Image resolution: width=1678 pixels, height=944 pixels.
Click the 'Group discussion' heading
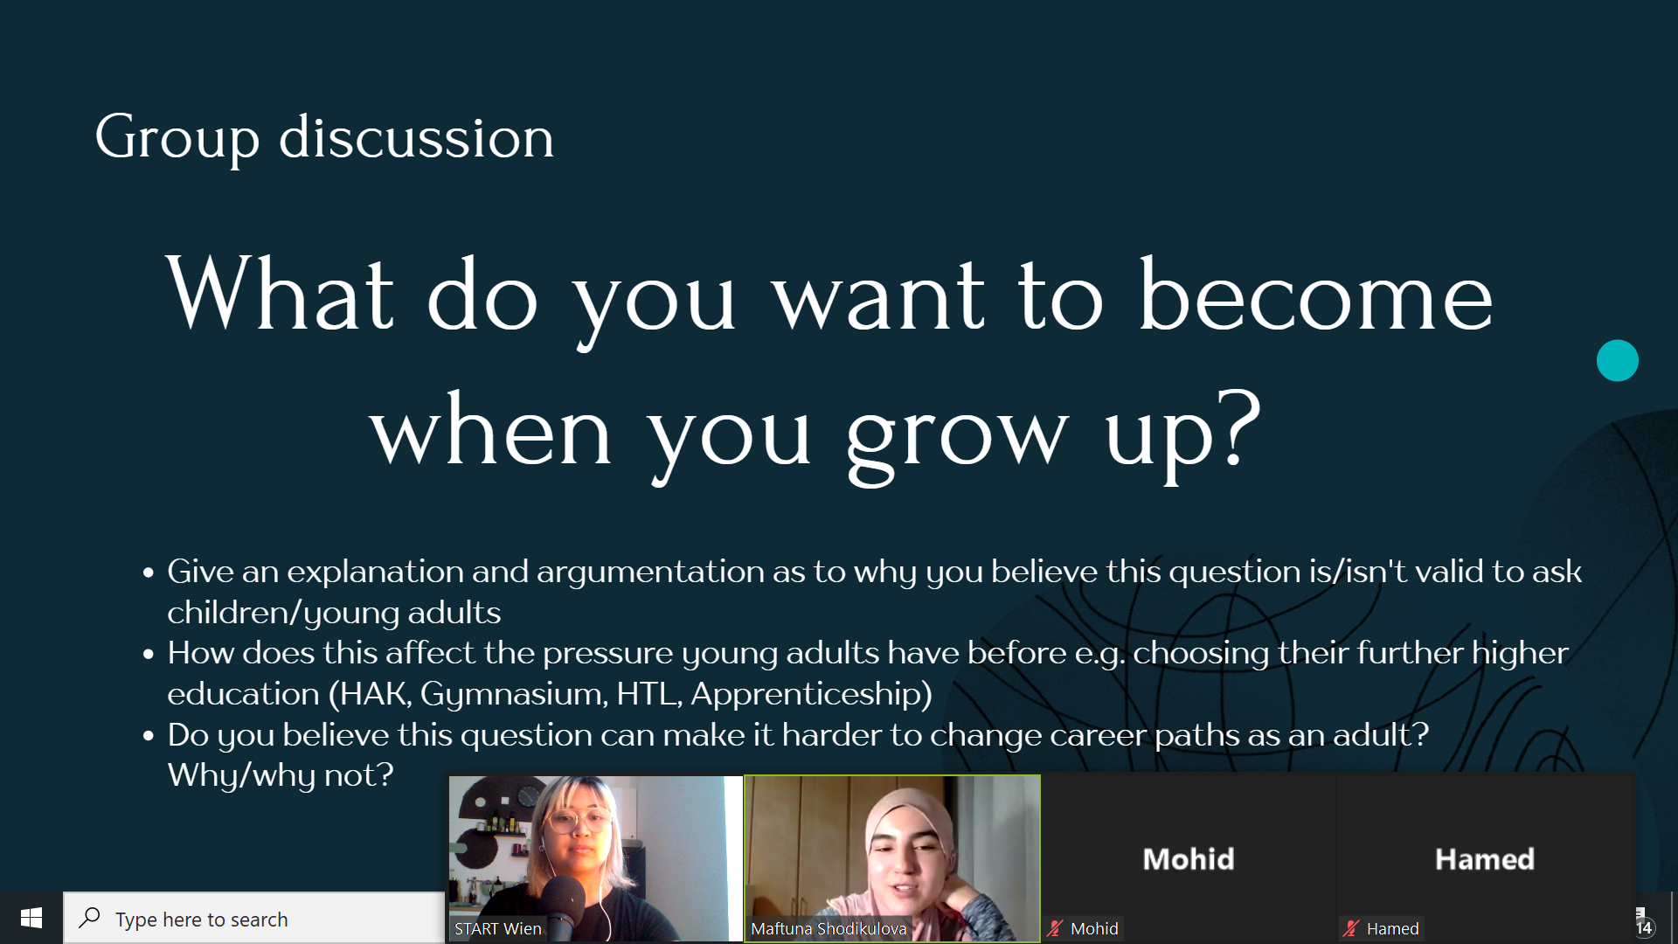[x=324, y=138]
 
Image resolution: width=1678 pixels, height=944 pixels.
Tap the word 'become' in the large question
[x=1315, y=296]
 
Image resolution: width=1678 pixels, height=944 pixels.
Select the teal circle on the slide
[x=1617, y=360]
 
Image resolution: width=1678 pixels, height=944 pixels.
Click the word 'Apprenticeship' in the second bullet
[x=811, y=694]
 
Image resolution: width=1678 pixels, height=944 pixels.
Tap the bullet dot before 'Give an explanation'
[x=149, y=573]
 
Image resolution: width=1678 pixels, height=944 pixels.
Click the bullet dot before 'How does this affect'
[x=149, y=654]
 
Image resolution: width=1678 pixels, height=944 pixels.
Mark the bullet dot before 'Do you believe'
[x=149, y=736]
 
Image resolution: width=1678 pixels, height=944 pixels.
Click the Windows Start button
[x=31, y=918]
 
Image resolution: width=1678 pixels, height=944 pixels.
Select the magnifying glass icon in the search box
[x=89, y=918]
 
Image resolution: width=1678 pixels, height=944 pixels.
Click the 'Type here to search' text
[x=202, y=920]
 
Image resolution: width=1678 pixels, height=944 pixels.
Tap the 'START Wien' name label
[x=498, y=928]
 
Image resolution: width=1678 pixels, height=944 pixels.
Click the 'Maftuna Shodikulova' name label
[x=829, y=928]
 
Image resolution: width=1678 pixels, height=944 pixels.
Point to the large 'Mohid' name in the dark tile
[x=1189, y=859]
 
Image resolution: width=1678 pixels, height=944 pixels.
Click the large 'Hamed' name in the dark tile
[x=1485, y=859]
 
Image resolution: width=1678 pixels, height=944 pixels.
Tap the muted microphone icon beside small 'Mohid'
[x=1056, y=928]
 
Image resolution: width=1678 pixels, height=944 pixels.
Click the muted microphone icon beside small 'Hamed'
[x=1352, y=928]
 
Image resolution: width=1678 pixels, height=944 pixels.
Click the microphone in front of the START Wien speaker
[x=565, y=905]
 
